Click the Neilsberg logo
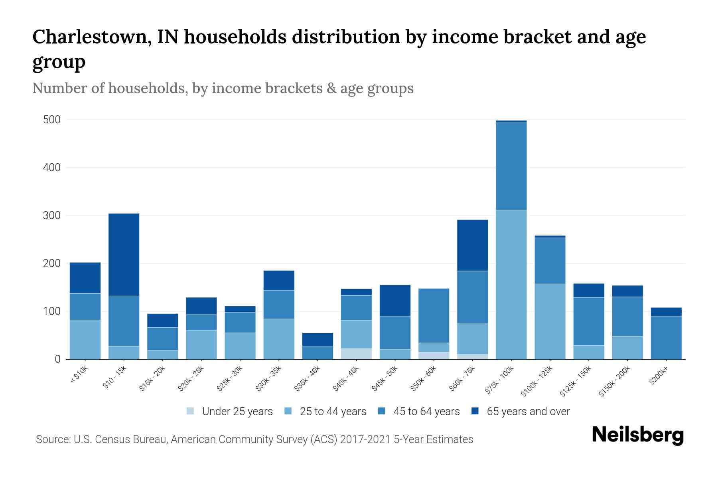(x=637, y=435)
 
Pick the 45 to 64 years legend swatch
(x=382, y=411)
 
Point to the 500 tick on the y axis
(x=52, y=120)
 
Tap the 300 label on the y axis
(x=52, y=216)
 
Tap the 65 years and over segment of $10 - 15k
(x=124, y=255)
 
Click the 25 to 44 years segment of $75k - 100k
(x=511, y=284)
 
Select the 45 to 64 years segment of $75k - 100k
(x=511, y=166)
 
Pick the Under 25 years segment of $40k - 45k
(x=356, y=354)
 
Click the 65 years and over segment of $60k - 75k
(x=472, y=245)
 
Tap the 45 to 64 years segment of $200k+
(x=666, y=337)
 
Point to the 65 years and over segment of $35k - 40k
(x=318, y=340)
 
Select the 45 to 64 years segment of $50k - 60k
(x=434, y=315)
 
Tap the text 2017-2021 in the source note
(x=365, y=439)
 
